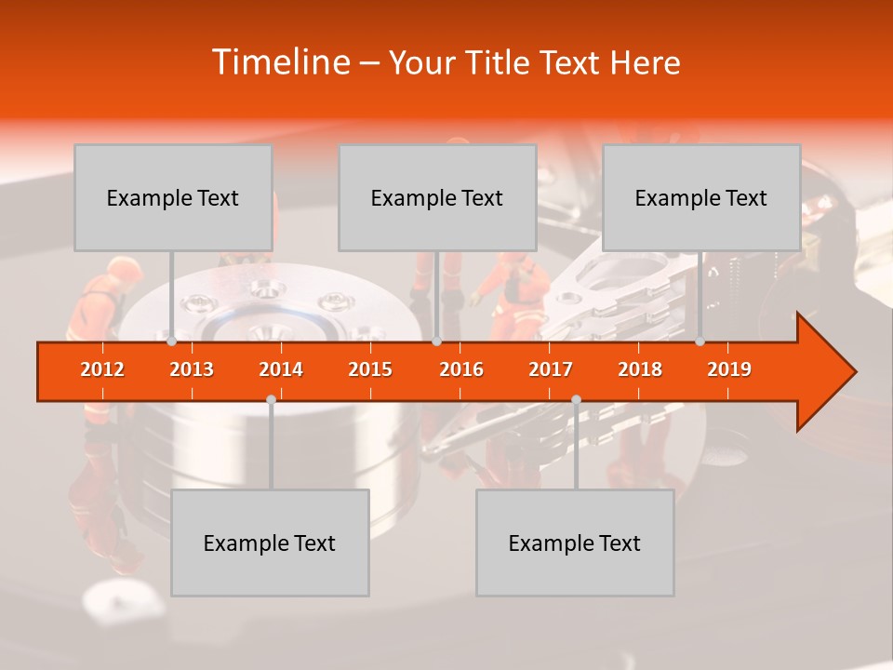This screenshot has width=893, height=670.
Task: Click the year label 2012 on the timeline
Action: point(102,369)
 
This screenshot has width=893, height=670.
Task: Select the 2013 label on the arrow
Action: point(192,369)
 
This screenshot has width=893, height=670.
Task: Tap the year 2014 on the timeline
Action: point(281,369)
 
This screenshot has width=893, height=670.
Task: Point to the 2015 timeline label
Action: point(370,369)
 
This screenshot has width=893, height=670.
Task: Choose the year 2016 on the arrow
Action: point(461,369)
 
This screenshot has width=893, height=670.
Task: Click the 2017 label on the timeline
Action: point(551,369)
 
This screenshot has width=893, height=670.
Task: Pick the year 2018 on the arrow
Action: point(640,369)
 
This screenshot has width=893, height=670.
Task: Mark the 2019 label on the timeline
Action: point(729,369)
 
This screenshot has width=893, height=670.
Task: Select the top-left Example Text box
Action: point(173,197)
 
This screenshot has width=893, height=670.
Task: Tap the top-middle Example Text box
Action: point(437,197)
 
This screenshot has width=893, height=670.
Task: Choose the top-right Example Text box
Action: point(701,197)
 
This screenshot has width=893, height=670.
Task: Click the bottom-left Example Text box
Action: point(270,543)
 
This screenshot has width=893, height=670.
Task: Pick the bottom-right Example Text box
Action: point(575,543)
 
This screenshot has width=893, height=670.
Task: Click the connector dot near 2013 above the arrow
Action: point(172,342)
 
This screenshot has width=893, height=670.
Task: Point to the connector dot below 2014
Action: point(271,399)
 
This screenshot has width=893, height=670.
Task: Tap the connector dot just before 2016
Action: point(436,342)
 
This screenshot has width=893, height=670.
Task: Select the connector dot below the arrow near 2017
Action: point(576,399)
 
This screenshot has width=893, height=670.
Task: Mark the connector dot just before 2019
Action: point(700,342)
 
